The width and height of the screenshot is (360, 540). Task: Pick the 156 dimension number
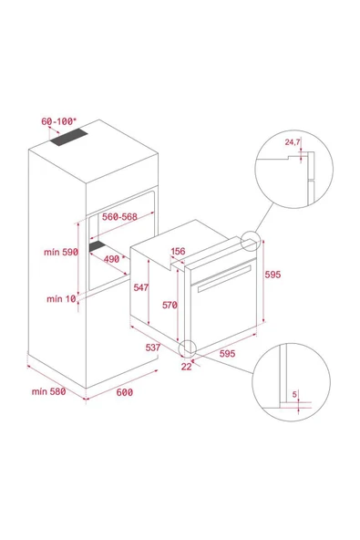pyautogui.click(x=178, y=252)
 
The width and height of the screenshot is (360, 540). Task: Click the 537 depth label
pyautogui.click(x=153, y=347)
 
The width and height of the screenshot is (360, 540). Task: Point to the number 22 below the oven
pyautogui.click(x=186, y=367)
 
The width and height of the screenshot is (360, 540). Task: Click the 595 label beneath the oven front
pyautogui.click(x=229, y=353)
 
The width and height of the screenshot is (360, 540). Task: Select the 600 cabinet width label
pyautogui.click(x=124, y=391)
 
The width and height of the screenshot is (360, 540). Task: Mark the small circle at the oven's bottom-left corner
pyautogui.click(x=189, y=348)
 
